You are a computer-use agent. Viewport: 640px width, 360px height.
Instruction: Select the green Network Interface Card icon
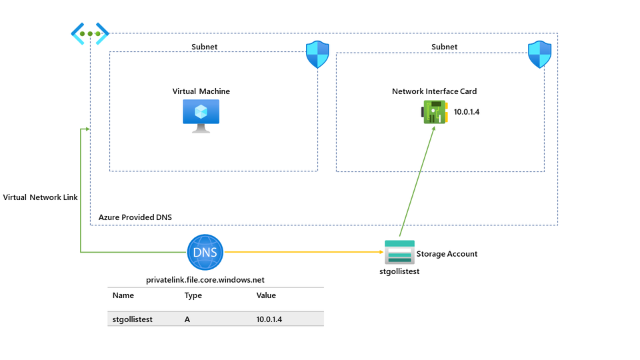tap(435, 111)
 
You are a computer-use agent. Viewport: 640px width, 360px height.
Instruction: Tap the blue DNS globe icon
tap(205, 253)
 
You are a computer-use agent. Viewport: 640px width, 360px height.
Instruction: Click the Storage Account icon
tap(399, 253)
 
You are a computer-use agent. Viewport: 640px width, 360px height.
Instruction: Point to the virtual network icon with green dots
tap(90, 33)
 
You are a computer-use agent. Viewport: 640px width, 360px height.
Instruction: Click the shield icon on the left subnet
tap(317, 55)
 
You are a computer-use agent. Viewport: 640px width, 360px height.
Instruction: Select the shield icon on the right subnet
tap(539, 55)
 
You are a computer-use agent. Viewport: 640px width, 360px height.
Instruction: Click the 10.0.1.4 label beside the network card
tap(467, 112)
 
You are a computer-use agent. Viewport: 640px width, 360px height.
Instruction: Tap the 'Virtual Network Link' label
tap(40, 198)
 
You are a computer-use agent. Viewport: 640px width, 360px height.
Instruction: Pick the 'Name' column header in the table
tap(123, 295)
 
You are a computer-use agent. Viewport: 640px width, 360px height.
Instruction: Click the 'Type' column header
tap(193, 295)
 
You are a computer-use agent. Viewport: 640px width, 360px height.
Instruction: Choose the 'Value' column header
tap(266, 295)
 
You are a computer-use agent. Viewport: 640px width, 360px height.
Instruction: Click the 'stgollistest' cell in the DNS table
tap(133, 319)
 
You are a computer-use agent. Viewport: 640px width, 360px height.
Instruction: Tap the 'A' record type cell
tap(187, 319)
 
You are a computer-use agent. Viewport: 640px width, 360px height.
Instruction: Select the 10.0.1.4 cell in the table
tap(269, 319)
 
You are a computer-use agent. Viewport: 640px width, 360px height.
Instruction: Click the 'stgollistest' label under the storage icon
tap(399, 271)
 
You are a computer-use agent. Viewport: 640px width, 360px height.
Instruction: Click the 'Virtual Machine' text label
tap(201, 91)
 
